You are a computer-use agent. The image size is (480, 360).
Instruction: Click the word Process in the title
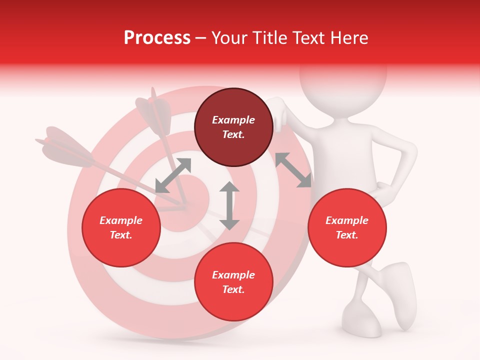pos(157,38)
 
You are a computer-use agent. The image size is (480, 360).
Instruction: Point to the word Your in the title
pos(229,38)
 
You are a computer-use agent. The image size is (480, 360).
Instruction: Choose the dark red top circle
pos(233,127)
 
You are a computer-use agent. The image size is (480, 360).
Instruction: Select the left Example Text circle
pos(121,227)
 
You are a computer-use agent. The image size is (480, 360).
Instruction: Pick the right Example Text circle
pos(347,227)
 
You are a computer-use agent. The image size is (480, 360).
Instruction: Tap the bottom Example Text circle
pos(233,282)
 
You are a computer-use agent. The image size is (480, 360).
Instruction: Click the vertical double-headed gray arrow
pos(229,205)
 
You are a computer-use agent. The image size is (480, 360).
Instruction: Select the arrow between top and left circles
pos(173,175)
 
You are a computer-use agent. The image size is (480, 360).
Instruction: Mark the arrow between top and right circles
pos(293,170)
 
